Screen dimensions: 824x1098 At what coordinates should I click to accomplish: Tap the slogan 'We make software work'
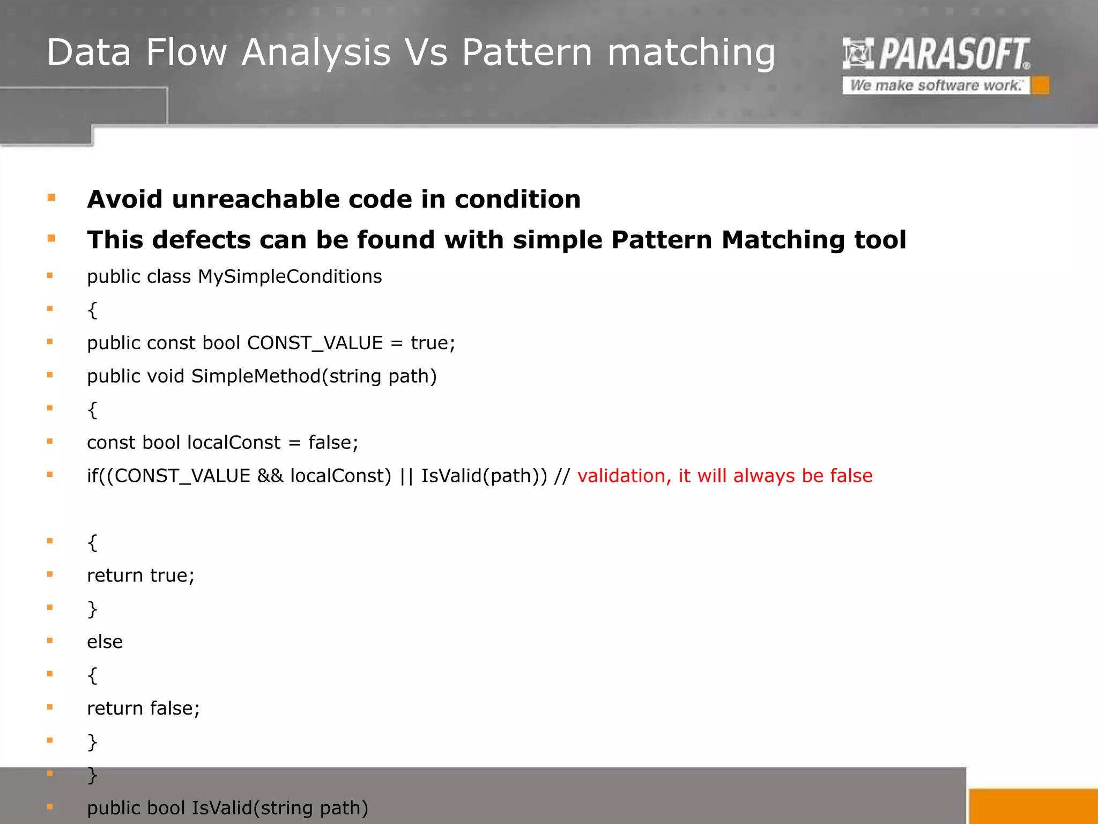click(x=935, y=85)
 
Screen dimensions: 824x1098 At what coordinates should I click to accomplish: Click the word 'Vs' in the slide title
click(x=426, y=53)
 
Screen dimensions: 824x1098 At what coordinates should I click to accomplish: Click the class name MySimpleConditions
click(x=290, y=277)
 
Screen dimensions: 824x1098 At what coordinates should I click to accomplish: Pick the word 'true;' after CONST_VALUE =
click(x=433, y=343)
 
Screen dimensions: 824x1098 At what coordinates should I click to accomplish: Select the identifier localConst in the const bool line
click(x=234, y=443)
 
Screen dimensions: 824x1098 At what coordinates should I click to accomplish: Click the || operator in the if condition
click(x=406, y=476)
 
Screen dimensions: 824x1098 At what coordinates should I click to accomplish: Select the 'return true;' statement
click(x=140, y=576)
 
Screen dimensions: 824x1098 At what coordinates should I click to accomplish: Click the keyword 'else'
click(x=105, y=642)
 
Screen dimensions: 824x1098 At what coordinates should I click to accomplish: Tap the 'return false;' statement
click(x=143, y=709)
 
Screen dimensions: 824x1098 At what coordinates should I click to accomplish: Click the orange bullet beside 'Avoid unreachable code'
click(x=51, y=198)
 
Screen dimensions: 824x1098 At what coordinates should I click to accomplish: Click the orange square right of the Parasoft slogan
click(x=1041, y=85)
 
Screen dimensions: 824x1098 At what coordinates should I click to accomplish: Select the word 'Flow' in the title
click(x=187, y=53)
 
